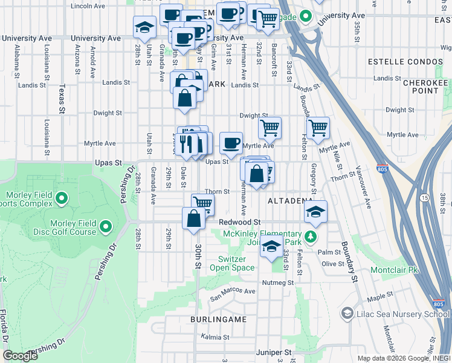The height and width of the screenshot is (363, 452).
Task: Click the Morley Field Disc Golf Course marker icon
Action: [106, 227]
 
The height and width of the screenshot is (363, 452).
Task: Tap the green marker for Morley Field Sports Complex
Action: [61, 198]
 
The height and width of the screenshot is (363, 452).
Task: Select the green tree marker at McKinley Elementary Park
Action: [311, 235]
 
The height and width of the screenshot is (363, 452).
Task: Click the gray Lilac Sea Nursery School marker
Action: [347, 313]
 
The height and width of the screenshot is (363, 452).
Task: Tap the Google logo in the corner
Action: [20, 356]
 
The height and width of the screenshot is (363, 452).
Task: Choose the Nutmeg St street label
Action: [277, 283]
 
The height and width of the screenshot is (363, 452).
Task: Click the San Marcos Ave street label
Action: [233, 294]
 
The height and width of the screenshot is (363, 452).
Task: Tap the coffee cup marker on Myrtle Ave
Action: [231, 143]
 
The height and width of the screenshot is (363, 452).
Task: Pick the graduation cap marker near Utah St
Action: [144, 27]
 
